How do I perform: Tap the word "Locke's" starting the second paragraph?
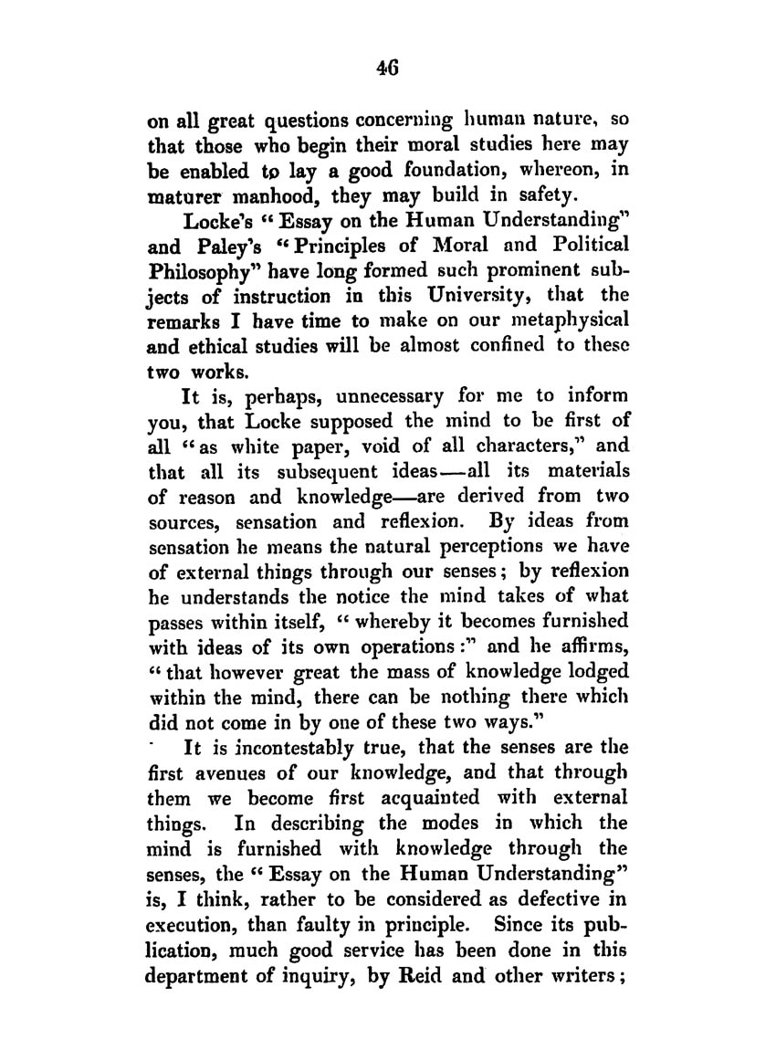click(217, 222)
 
